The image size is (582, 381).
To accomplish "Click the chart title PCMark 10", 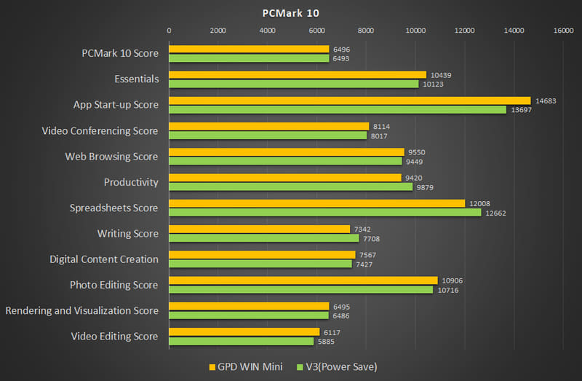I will (x=290, y=12).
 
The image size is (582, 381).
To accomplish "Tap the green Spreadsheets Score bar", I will (x=324, y=213).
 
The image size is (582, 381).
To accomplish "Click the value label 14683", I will (x=545, y=101).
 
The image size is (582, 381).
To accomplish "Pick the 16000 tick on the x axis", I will (x=563, y=31).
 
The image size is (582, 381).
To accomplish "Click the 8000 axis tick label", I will (x=366, y=31).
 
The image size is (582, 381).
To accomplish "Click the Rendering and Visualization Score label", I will (x=81, y=310).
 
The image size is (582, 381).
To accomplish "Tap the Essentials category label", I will (x=136, y=79).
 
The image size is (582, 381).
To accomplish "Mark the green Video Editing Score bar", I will (x=241, y=341).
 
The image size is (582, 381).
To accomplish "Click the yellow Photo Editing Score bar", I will (x=303, y=280).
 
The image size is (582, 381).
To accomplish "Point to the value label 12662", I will (x=495, y=213).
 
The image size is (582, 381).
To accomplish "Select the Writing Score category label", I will (x=127, y=233).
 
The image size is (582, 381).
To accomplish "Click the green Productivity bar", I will (x=290, y=186).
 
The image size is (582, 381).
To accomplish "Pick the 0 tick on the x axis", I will (x=169, y=31).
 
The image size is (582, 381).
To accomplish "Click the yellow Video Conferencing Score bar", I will (x=268, y=126).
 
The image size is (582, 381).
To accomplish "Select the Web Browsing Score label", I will (x=111, y=157).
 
